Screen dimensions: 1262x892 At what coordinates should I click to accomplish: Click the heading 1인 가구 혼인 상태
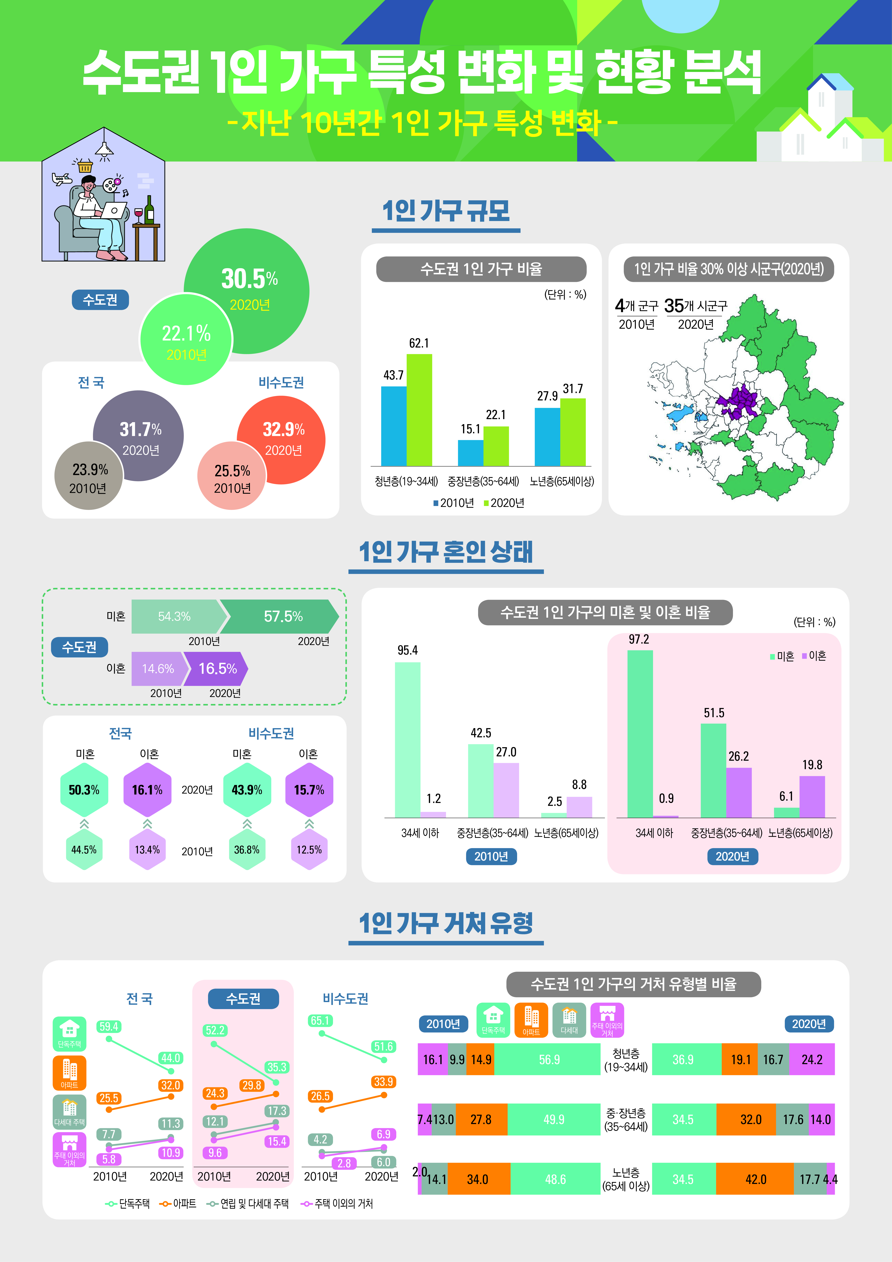pos(446,552)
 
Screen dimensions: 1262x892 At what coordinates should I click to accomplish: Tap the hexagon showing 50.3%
pos(84,790)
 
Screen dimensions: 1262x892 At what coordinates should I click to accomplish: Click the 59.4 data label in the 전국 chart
pos(109,1026)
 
